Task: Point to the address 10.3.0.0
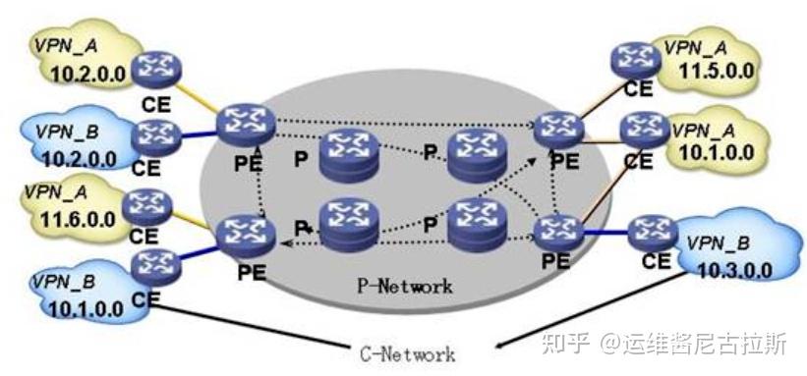coord(731,266)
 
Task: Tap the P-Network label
coord(404,287)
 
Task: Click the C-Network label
coord(404,351)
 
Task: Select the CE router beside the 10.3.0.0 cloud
coord(654,234)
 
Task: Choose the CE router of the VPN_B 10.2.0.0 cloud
coord(152,134)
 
